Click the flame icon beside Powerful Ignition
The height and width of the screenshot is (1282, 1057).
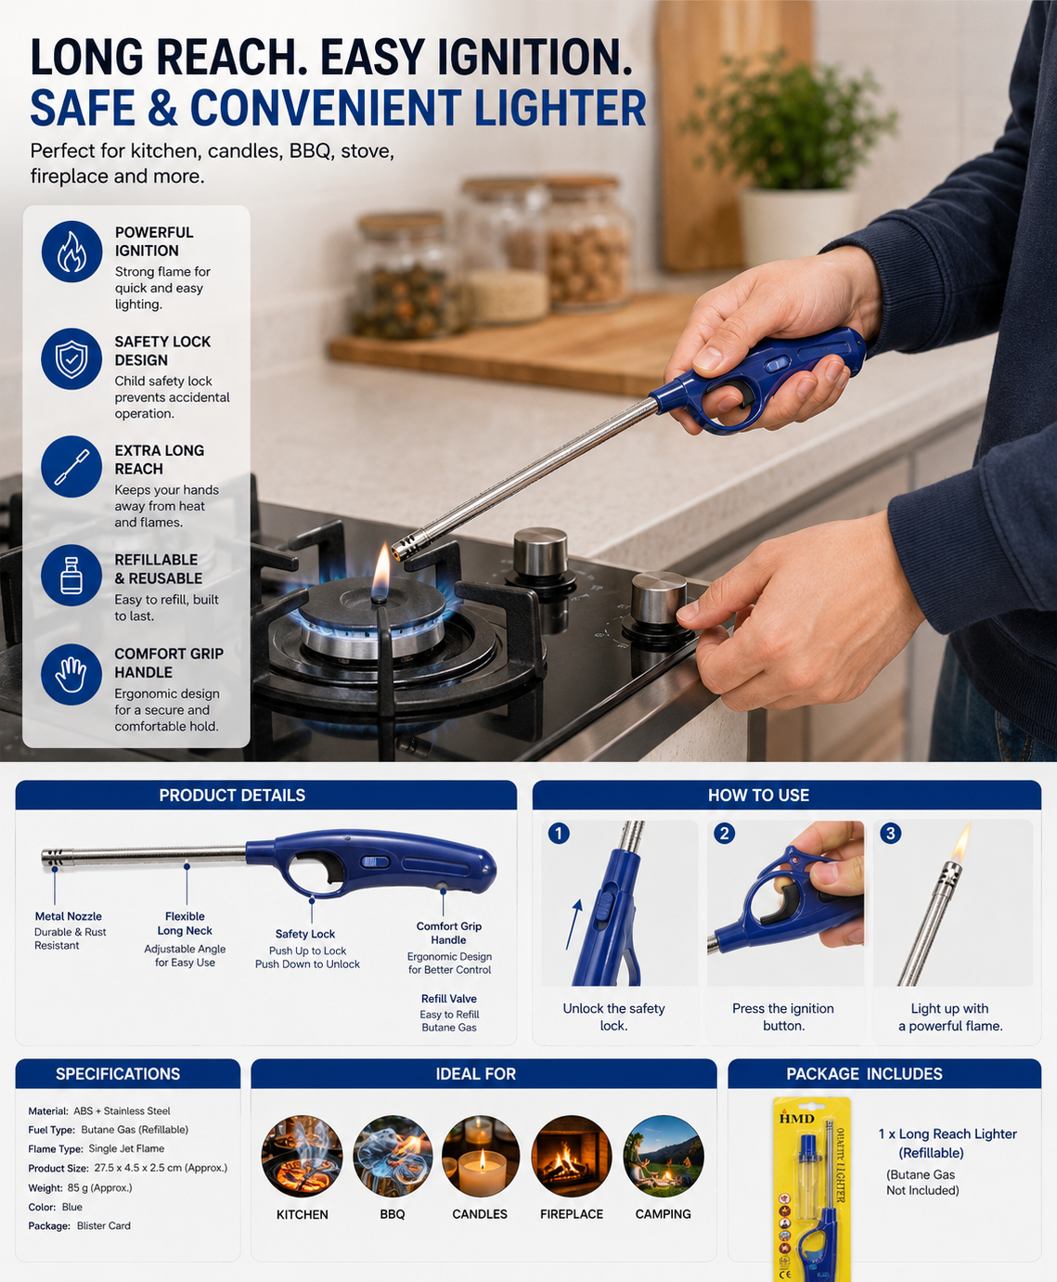pos(71,252)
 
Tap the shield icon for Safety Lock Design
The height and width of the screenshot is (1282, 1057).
pos(71,359)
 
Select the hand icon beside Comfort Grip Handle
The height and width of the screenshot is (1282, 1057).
pos(71,674)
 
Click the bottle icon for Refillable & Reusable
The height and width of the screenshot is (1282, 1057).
pos(71,576)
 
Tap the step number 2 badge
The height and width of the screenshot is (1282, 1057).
pos(724,834)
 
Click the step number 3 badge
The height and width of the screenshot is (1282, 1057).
pos(891,834)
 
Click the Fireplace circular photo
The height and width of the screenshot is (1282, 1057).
pos(572,1156)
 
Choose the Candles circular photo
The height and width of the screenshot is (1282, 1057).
pos(480,1156)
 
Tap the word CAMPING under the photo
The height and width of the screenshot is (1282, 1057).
pos(663,1214)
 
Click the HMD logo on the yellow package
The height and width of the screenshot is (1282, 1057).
pos(797,1118)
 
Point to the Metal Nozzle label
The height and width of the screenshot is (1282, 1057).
pos(68,916)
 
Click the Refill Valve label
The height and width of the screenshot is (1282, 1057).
pos(449,998)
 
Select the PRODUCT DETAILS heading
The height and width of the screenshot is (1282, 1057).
pos(232,796)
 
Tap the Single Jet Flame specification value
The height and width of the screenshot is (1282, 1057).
pos(126,1148)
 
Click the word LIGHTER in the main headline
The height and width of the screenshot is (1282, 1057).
pos(561,108)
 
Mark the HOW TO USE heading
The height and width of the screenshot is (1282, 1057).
pos(759,796)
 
